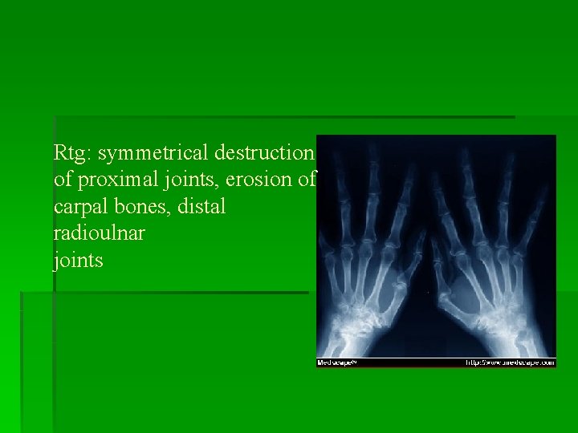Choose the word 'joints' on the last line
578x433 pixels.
click(78, 261)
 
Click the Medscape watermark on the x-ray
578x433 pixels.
click(336, 362)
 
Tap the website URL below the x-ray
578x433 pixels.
click(511, 362)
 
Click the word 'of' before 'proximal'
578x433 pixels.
click(63, 179)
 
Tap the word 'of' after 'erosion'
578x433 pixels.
click(307, 179)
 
